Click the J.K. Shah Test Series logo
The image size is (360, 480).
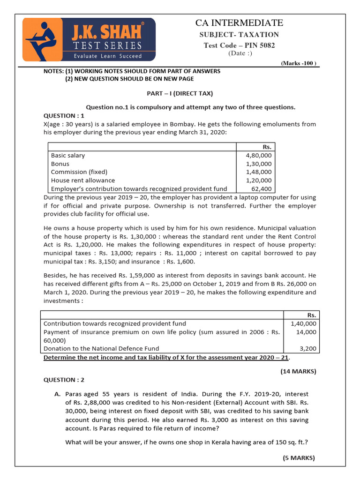coord(90,39)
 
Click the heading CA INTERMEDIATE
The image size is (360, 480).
coord(239,22)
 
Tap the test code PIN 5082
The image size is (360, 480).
coord(239,45)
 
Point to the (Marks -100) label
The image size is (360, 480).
coord(299,63)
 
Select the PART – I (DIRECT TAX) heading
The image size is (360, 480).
coord(180,93)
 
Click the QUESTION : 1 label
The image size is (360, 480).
coord(64,115)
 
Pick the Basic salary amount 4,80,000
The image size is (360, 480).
coord(258,155)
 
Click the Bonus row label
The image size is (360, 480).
coord(60,164)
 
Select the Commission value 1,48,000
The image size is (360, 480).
coord(258,172)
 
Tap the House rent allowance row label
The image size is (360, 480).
coord(83,180)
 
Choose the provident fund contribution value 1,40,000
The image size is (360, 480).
coord(303,323)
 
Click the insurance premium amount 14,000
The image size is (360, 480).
coord(307,332)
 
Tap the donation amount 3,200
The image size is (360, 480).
coord(308,348)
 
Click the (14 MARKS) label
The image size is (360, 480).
coord(298,371)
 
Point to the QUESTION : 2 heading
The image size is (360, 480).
coord(64,380)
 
